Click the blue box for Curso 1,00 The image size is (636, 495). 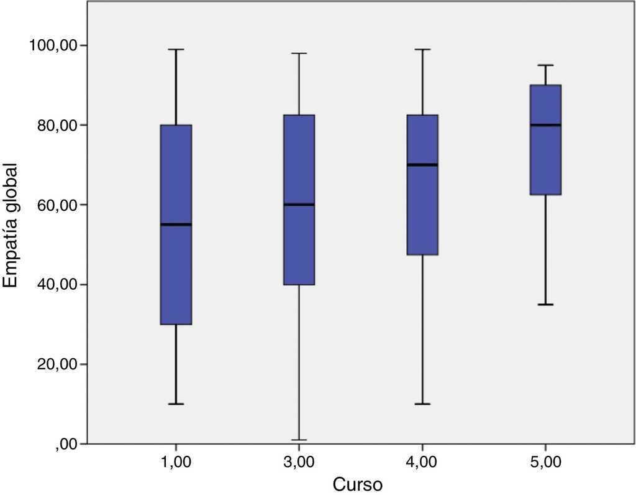tap(176, 274)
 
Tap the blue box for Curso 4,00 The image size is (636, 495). tap(422, 211)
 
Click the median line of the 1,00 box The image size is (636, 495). tap(176, 224)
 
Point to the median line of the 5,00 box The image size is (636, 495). tap(545, 125)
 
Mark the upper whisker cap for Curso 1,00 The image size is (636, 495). tap(176, 49)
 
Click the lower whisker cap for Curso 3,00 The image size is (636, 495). tap(299, 440)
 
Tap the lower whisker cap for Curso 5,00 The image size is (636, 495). tap(545, 304)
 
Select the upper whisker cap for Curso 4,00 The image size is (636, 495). tap(422, 49)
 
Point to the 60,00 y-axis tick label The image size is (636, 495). tap(55, 205)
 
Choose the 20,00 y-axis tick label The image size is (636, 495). tap(55, 364)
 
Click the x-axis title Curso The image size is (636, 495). tap(357, 484)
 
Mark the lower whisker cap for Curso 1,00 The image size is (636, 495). tap(176, 404)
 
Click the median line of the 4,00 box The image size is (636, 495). tap(422, 165)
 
